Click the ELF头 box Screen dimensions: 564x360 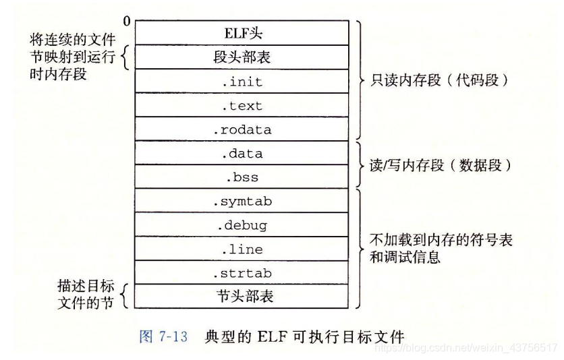coord(242,33)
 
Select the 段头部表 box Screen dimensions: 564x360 coord(242,58)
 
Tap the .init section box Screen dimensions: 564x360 coord(242,82)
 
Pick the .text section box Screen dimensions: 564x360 coord(242,106)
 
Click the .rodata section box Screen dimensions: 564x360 coord(242,129)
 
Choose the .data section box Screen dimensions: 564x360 coord(242,154)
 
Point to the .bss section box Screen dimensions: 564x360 coord(242,178)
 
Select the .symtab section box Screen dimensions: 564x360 coord(242,201)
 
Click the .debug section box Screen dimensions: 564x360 coord(242,225)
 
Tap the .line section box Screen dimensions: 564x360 coord(242,249)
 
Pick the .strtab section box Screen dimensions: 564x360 coord(242,273)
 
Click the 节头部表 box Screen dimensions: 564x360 coord(242,297)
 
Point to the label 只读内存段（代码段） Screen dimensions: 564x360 coord(439,81)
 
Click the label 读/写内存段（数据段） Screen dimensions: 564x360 coord(439,166)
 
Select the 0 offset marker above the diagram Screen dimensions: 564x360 coord(128,22)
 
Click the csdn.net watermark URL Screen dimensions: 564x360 coord(466,348)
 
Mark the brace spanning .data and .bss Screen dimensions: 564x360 coord(359,165)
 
